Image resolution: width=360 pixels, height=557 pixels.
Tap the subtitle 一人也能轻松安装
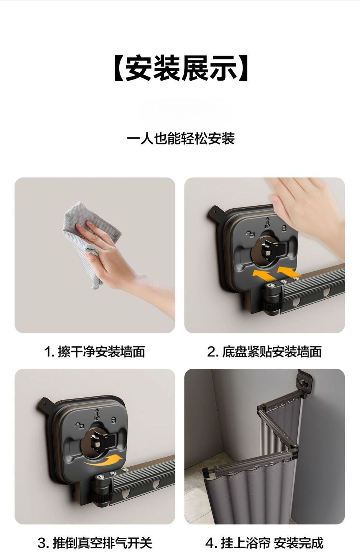click(181, 138)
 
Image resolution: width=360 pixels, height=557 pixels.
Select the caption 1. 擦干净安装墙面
click(94, 352)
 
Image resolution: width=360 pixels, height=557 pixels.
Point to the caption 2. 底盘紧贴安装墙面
click(264, 352)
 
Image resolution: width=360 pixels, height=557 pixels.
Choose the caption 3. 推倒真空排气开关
click(94, 543)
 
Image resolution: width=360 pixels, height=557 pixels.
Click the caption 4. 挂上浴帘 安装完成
click(264, 543)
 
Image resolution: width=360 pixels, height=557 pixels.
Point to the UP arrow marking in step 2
click(267, 222)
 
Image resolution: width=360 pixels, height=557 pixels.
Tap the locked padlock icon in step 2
click(283, 228)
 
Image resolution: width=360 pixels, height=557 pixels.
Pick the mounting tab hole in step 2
click(214, 212)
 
